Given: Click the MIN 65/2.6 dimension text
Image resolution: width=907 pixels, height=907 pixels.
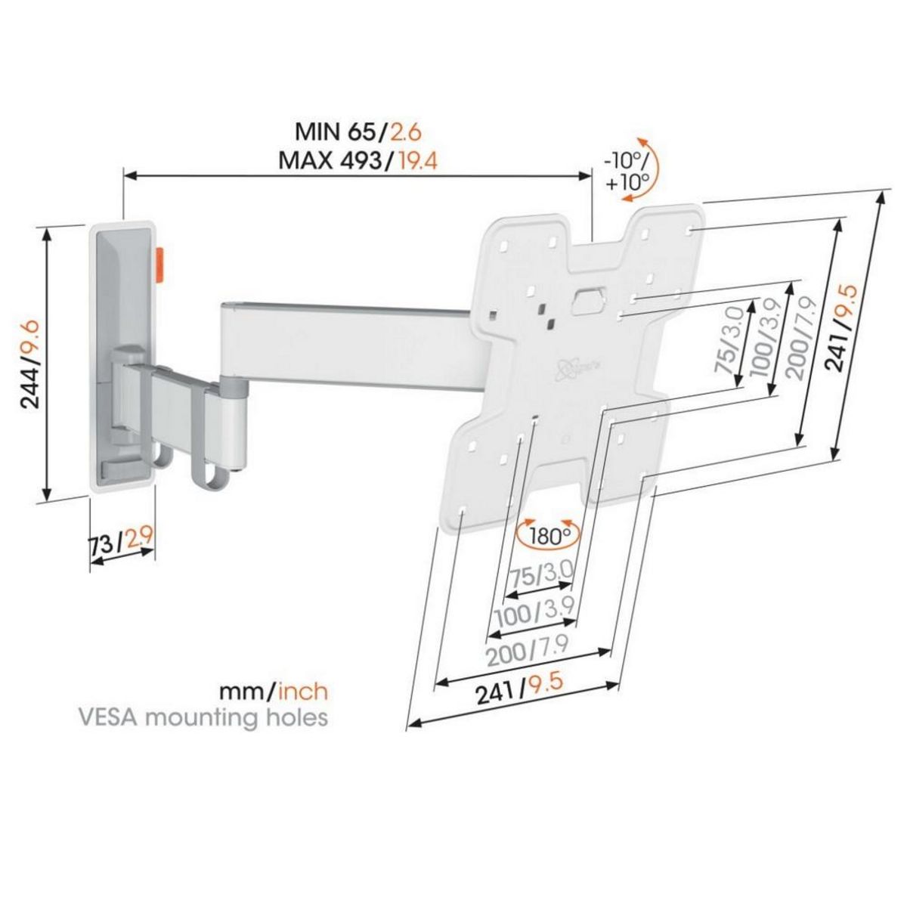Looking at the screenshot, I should [x=357, y=132].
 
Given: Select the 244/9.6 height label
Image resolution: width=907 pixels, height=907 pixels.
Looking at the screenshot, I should [x=30, y=364].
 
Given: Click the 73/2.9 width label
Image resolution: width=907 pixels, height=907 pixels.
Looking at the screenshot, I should [x=121, y=542].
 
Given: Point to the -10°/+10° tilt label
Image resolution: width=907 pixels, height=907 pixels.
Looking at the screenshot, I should [x=627, y=172].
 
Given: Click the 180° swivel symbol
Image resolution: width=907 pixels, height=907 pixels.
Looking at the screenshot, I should [x=549, y=537].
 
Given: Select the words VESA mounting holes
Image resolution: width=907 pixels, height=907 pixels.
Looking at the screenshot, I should [x=203, y=717].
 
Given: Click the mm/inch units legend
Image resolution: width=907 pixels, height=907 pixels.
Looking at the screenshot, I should [x=274, y=690].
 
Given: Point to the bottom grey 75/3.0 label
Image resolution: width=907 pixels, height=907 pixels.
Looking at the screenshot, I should [x=540, y=574].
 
